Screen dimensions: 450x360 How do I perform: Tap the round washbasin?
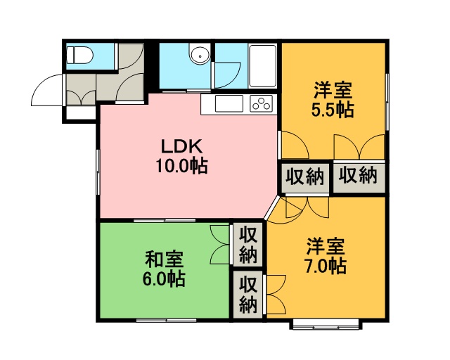200,55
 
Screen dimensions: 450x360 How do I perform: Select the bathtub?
262,66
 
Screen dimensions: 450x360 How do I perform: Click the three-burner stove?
261,103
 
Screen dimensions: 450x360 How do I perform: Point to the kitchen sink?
229,103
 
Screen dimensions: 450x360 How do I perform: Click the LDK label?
181,146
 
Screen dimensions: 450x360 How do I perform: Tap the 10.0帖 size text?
181,166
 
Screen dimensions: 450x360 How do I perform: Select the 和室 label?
164,259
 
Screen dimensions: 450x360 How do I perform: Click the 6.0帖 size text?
164,278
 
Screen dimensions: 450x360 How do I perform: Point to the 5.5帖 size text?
333,110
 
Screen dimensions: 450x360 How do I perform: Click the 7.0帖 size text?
326,266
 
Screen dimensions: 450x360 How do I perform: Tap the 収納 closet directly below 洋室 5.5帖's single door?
304,178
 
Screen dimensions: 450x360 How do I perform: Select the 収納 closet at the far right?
359,178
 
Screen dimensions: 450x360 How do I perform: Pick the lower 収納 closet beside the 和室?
248,295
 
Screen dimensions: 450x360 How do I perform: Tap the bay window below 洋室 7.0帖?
326,324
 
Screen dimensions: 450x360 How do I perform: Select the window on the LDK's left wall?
98,172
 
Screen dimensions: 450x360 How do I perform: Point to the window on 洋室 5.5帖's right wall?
387,102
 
